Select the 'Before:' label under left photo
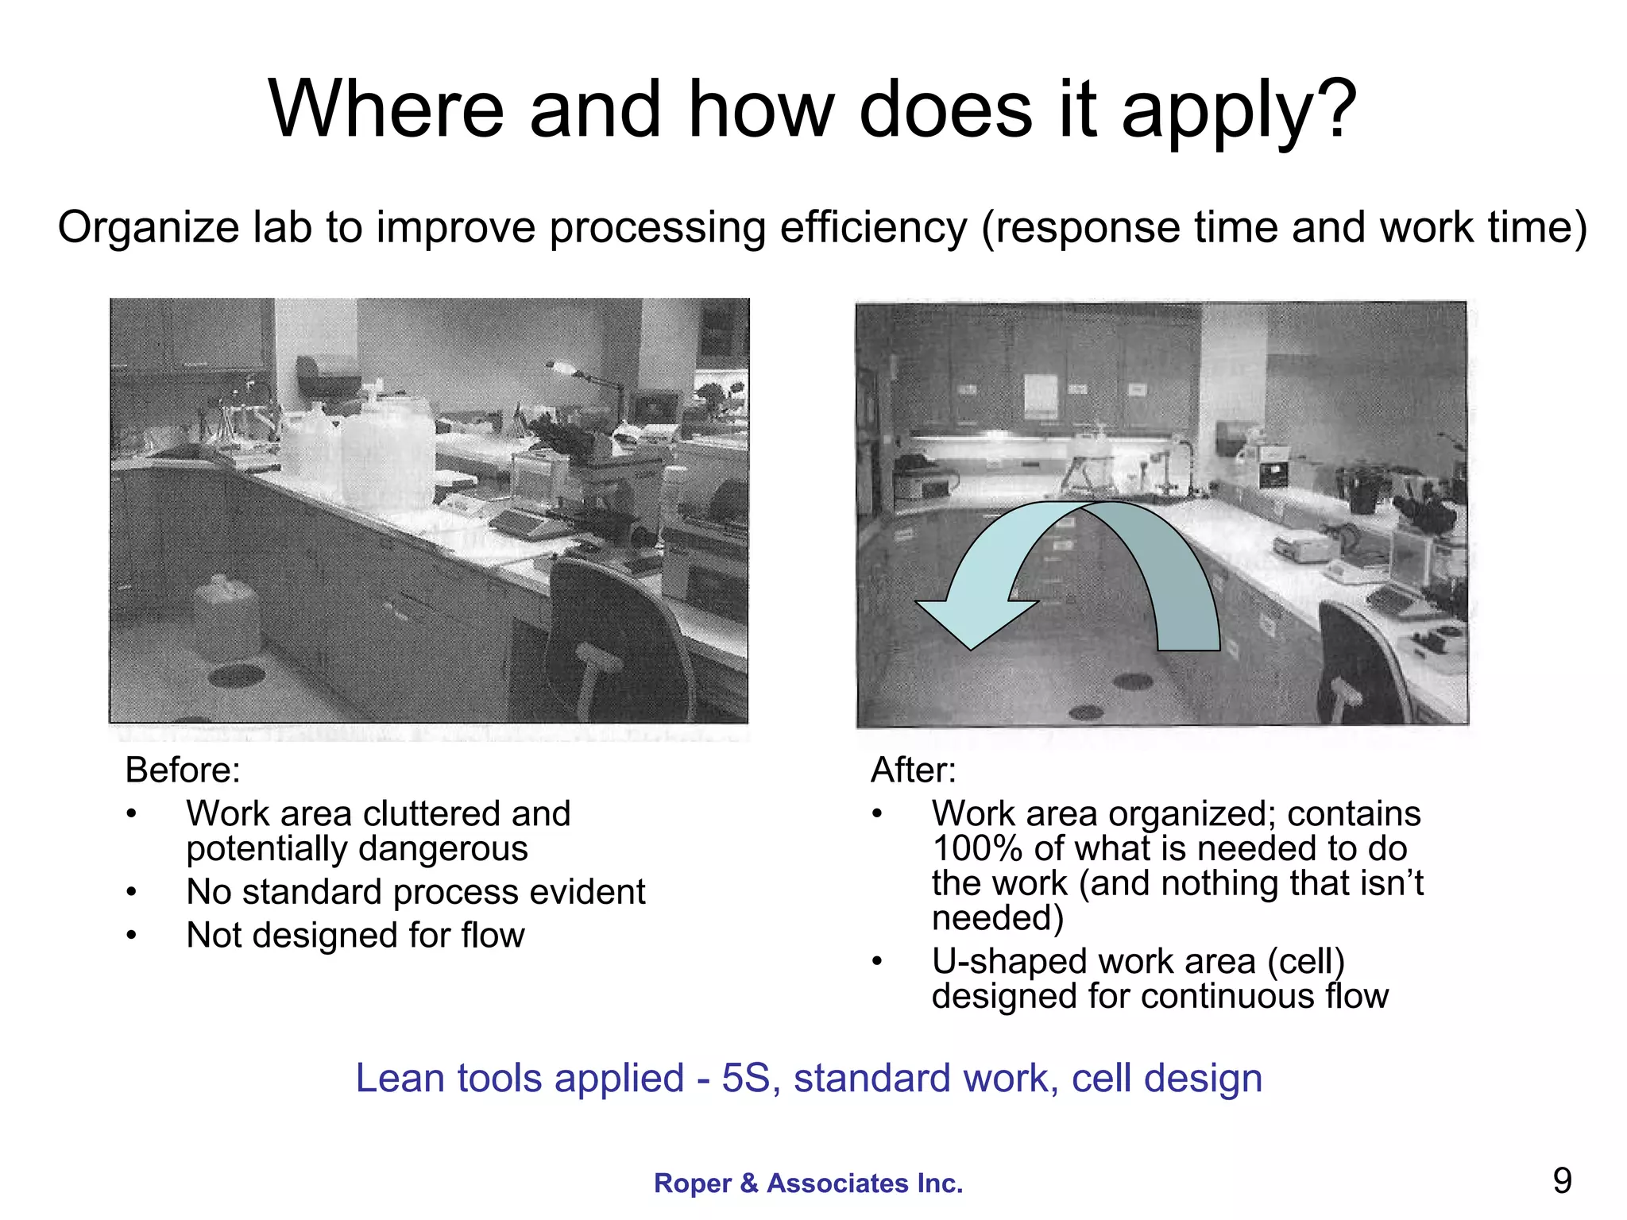coord(183,770)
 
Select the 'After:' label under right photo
coord(914,770)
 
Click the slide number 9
coord(1562,1181)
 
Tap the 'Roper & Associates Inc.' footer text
coord(808,1183)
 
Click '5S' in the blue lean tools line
coord(745,1079)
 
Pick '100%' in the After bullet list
coord(976,849)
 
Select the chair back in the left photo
coord(612,627)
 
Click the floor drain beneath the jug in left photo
coord(236,676)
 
